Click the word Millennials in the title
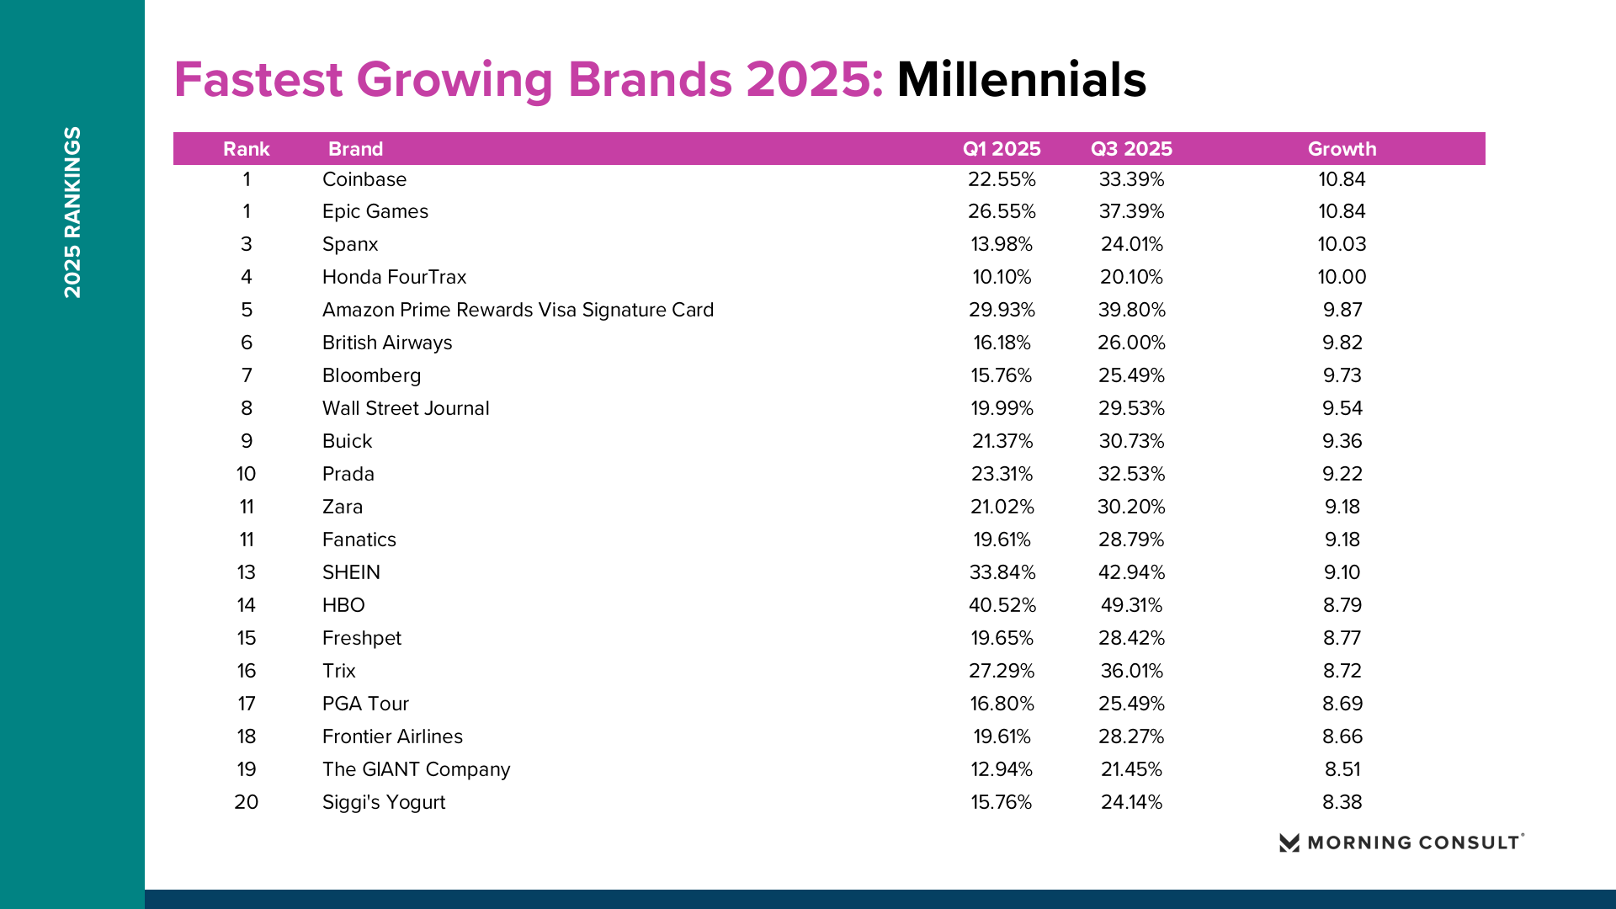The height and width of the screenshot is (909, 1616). (1021, 80)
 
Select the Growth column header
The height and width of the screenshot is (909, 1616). (1342, 149)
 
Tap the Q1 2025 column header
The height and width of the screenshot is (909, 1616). (1002, 149)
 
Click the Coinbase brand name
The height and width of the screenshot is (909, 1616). (364, 179)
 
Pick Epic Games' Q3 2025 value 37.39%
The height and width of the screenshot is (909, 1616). (1131, 211)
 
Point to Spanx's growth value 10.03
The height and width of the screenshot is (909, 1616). (1342, 244)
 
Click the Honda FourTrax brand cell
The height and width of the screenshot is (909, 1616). (394, 277)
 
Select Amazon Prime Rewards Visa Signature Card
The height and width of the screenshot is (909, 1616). (518, 310)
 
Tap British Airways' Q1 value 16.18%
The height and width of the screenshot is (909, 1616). (1002, 343)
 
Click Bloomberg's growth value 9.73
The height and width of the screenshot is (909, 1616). (1342, 375)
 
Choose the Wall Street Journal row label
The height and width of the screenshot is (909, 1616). (406, 408)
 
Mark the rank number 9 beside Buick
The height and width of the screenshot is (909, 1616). (247, 441)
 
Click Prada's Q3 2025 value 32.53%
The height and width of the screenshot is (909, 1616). (1131, 474)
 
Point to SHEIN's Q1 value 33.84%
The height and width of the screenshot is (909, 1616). (1002, 572)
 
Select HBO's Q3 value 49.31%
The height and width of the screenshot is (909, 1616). (1131, 605)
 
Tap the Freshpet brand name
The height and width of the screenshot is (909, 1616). (362, 638)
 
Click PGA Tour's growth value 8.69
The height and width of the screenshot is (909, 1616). (1342, 704)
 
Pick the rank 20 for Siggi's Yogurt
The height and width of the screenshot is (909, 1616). (247, 802)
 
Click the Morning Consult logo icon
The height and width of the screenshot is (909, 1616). (1289, 843)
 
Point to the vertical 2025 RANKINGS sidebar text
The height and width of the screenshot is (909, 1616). (73, 212)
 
